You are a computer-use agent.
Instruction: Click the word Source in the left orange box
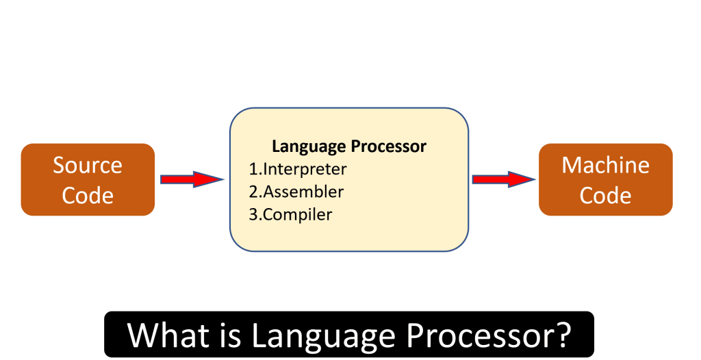click(x=88, y=166)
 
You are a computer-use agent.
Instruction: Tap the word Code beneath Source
click(x=88, y=196)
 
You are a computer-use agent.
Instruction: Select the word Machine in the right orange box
click(x=605, y=166)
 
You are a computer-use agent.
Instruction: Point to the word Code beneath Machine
click(x=605, y=196)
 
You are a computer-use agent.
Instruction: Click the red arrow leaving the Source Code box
click(x=191, y=179)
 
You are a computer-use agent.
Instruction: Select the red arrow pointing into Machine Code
click(x=503, y=179)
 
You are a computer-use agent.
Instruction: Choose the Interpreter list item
click(x=305, y=169)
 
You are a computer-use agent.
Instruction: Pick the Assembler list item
click(x=303, y=192)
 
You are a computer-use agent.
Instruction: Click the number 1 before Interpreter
click(x=253, y=169)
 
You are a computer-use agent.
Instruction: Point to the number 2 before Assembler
click(x=253, y=192)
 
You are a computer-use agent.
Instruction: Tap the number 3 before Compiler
click(x=253, y=214)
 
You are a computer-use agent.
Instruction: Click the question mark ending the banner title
click(x=563, y=335)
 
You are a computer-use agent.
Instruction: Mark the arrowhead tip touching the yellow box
click(x=224, y=179)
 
